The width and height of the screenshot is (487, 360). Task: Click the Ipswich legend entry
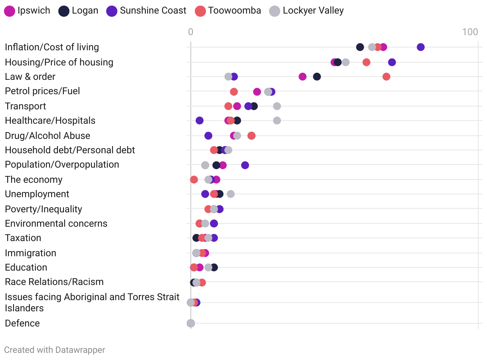point(27,11)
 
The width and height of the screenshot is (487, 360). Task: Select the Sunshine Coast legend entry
point(146,11)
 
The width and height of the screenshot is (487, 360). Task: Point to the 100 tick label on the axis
point(470,32)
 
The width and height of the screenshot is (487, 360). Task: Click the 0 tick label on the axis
point(191,32)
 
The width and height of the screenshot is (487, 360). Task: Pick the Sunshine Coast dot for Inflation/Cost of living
point(421,47)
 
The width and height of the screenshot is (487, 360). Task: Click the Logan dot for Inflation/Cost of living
point(360,47)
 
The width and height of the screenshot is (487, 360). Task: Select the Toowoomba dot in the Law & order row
point(386,77)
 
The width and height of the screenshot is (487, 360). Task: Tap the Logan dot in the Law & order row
point(317,77)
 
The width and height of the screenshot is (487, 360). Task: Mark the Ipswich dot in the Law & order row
point(303,77)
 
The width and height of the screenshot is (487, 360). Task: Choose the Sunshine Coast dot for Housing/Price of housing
point(392,62)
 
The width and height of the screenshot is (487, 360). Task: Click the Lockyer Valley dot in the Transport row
point(277,106)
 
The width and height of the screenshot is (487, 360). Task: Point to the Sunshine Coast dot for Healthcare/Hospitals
point(200,121)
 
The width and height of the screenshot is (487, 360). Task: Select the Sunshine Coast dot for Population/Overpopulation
point(245,165)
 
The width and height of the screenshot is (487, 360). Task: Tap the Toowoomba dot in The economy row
point(194,180)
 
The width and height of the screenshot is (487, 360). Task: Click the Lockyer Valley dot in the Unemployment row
point(231,194)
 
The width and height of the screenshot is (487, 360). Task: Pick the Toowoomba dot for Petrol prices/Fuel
point(234,92)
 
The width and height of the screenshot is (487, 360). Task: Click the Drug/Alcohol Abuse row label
point(48,136)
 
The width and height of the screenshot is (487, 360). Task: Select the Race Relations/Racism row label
point(54,282)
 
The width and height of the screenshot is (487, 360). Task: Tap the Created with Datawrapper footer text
point(55,350)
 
